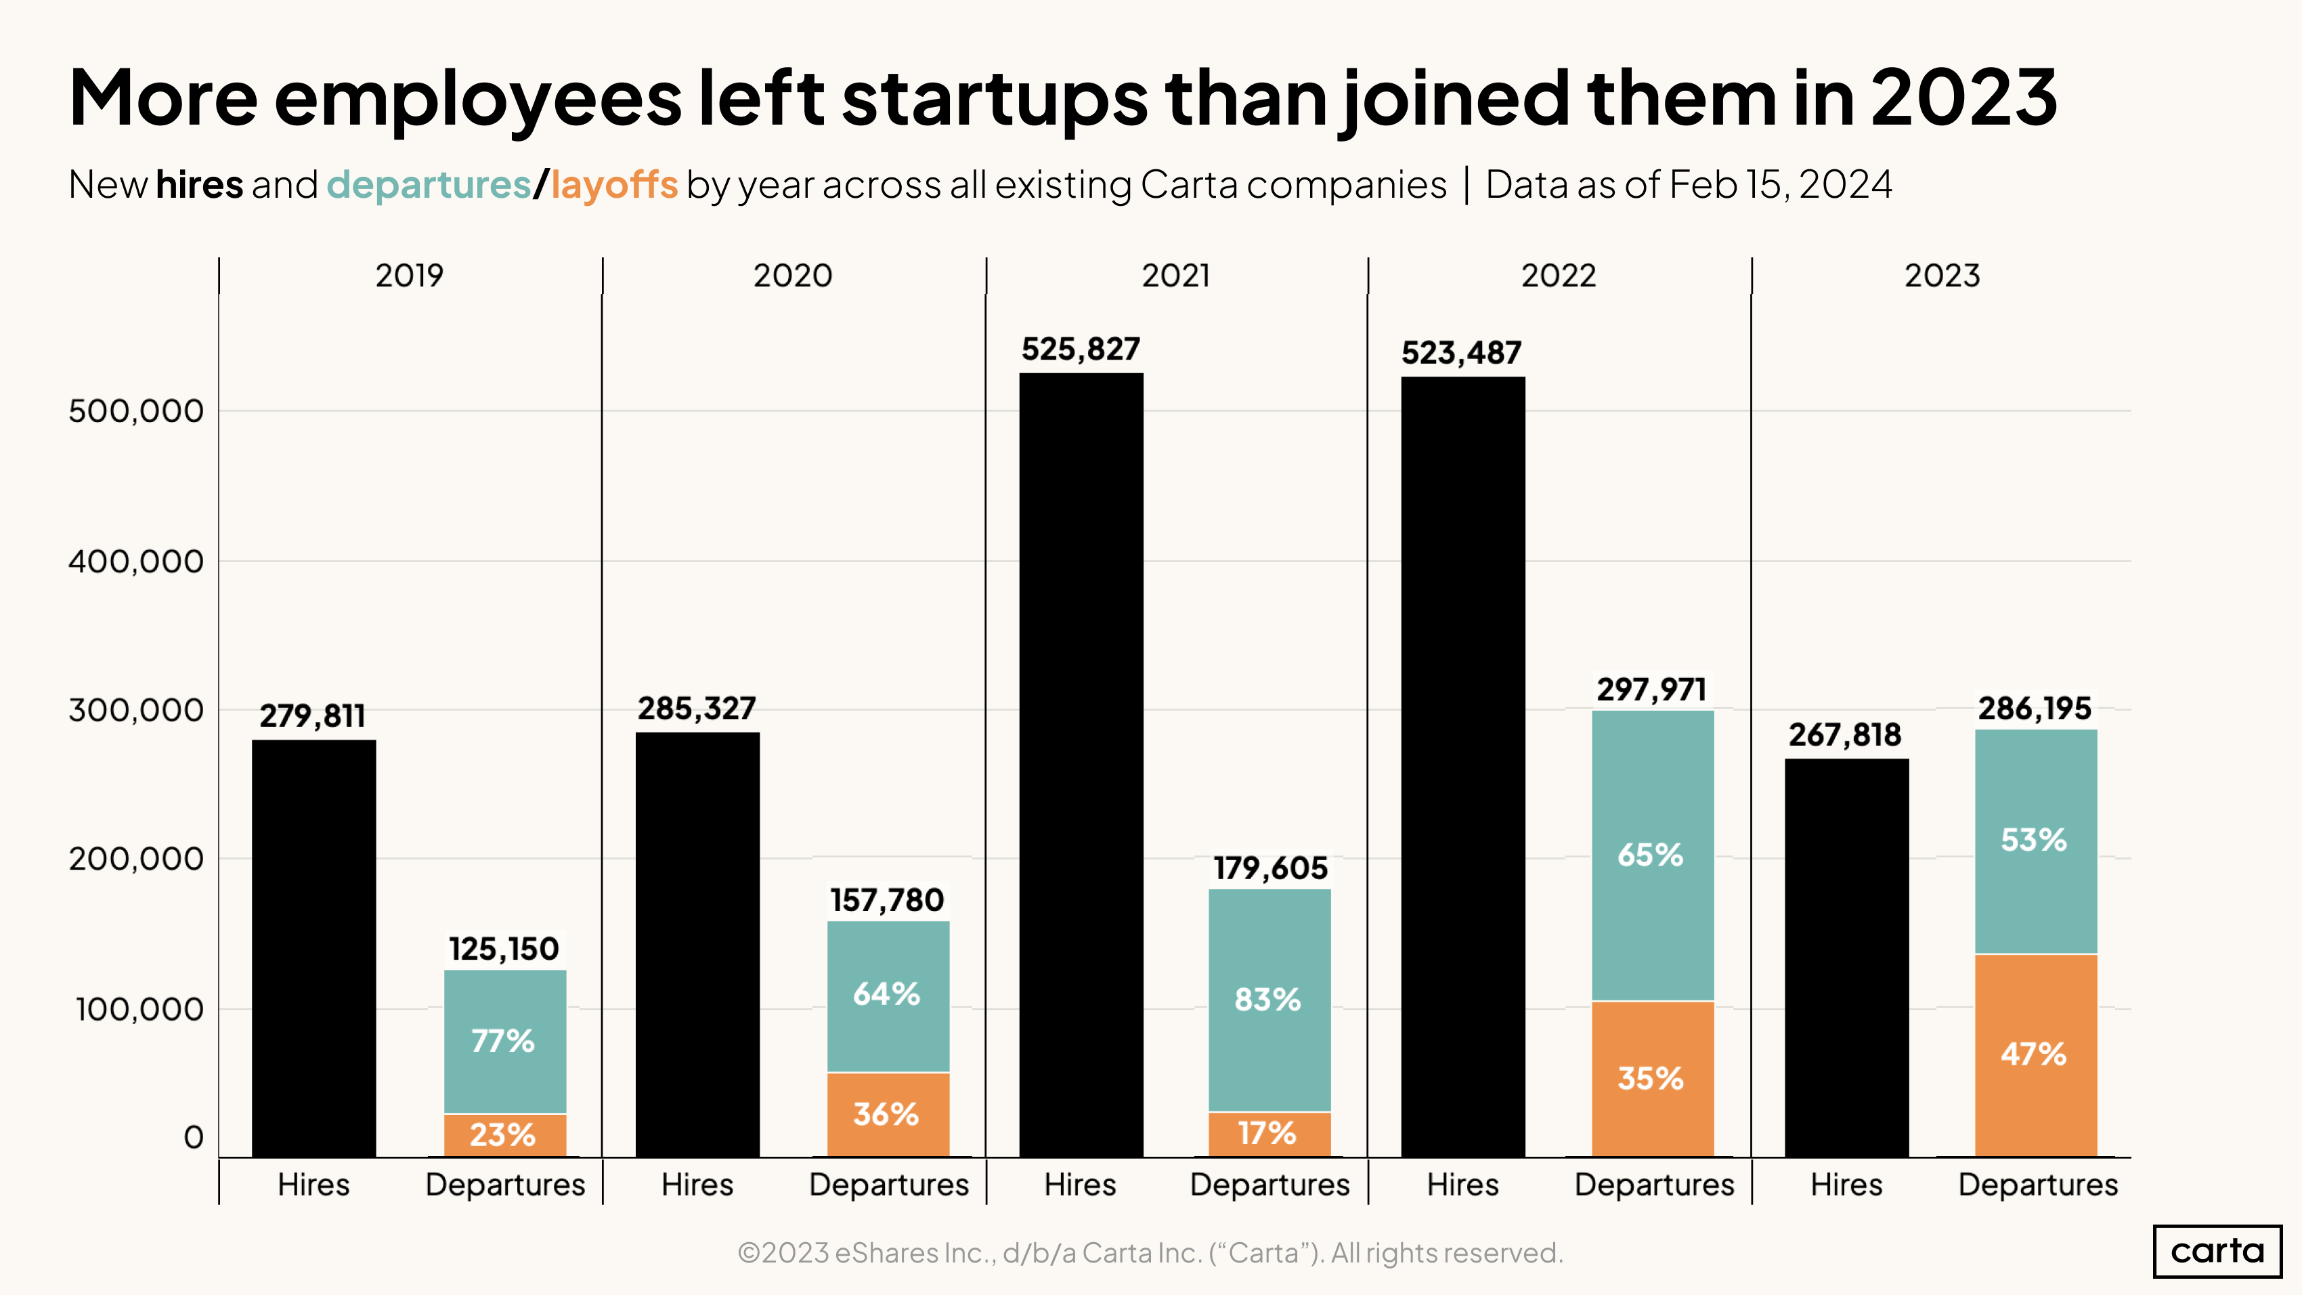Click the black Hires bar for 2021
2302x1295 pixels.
click(x=1081, y=764)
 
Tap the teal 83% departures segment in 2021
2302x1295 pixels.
click(x=1269, y=999)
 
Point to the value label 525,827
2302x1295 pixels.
click(x=1081, y=349)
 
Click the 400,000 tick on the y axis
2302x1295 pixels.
click(x=136, y=561)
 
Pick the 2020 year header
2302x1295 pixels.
click(x=793, y=275)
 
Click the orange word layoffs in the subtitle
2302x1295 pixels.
click(x=614, y=185)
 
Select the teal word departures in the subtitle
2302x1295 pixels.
click(x=429, y=185)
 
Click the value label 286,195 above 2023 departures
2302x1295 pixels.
click(x=2034, y=708)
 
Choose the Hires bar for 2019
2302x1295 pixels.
click(x=313, y=948)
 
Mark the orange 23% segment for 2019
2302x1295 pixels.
click(x=505, y=1135)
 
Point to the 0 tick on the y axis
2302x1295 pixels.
click(x=193, y=1138)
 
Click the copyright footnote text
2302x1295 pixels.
click(x=1150, y=1252)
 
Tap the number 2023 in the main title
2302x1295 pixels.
click(x=1963, y=98)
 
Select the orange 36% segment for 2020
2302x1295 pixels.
click(x=888, y=1114)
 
